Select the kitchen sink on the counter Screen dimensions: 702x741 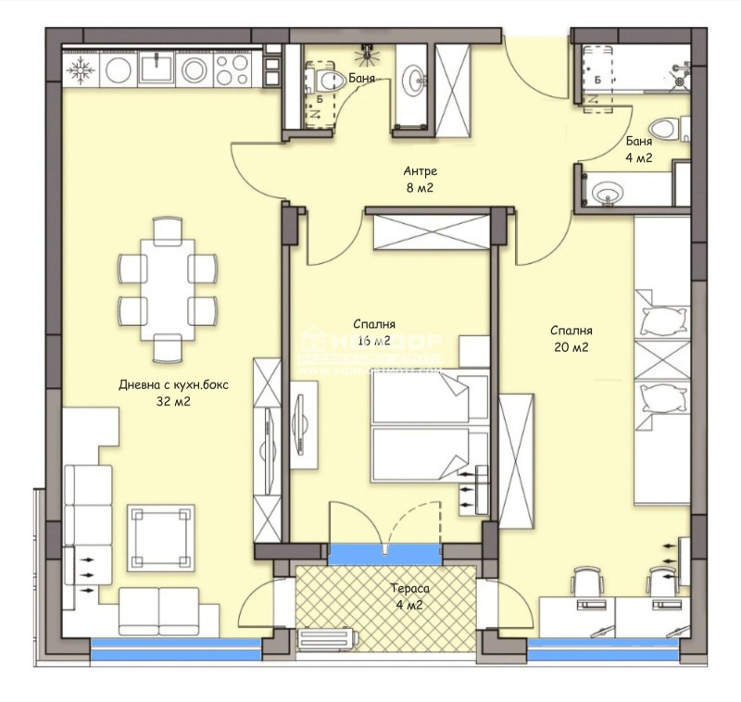pyautogui.click(x=154, y=68)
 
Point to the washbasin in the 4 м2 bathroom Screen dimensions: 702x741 pyautogui.click(x=609, y=194)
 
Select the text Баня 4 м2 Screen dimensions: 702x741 pyautogui.click(x=638, y=150)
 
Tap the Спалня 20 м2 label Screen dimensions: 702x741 pyautogui.click(x=571, y=339)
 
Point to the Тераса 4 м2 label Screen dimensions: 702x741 pyautogui.click(x=408, y=595)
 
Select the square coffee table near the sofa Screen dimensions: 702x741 pyautogui.click(x=160, y=538)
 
